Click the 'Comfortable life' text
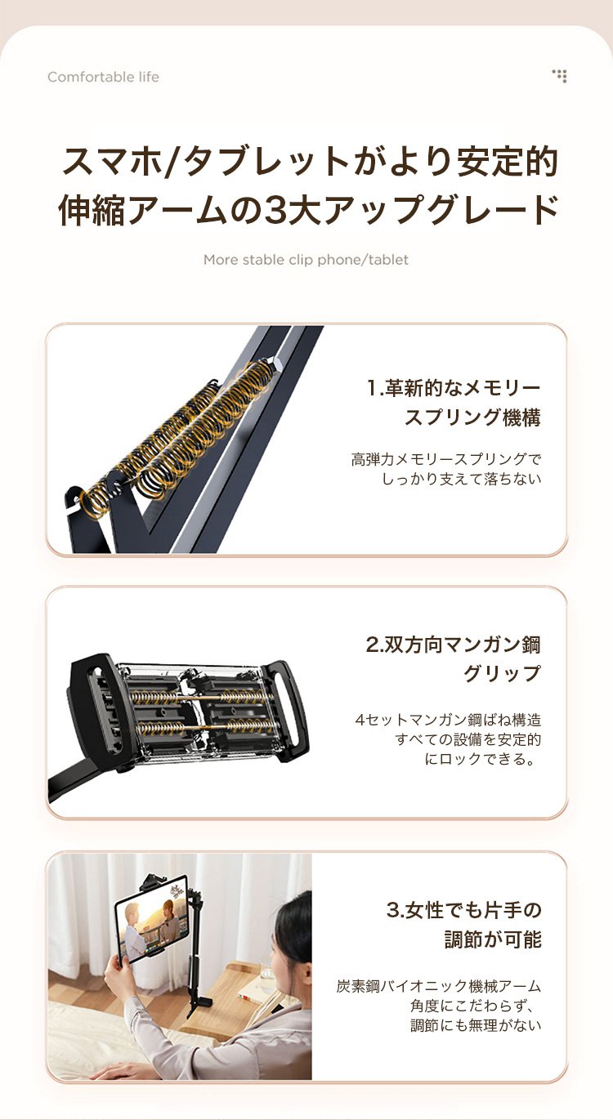click(103, 77)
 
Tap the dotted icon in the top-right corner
click(559, 76)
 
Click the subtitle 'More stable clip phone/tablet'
click(306, 260)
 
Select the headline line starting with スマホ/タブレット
click(309, 162)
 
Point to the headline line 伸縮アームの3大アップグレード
click(308, 209)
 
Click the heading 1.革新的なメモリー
click(454, 387)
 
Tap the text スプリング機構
click(472, 417)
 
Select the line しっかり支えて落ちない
click(461, 479)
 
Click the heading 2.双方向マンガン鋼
click(453, 645)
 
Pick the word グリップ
click(502, 673)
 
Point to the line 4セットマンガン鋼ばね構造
click(448, 720)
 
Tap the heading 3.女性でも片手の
click(464, 910)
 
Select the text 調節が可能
click(493, 939)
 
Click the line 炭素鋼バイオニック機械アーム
click(439, 986)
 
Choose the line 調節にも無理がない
click(476, 1025)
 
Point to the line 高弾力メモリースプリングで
click(446, 459)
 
